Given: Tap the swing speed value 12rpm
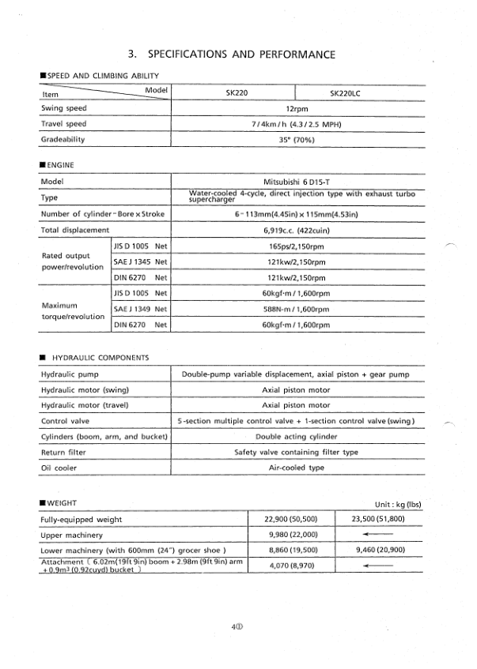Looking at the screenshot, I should tap(297, 108).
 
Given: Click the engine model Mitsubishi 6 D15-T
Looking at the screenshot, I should tap(297, 181).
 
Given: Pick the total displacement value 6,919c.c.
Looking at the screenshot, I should tap(297, 230).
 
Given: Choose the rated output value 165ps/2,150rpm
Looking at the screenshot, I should tap(297, 246).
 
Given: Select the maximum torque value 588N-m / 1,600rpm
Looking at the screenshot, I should tap(297, 309).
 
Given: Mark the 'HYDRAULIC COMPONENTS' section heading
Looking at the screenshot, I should tap(95, 357).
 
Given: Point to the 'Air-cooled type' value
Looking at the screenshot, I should tap(297, 468).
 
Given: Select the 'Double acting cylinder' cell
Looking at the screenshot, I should tap(297, 436).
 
